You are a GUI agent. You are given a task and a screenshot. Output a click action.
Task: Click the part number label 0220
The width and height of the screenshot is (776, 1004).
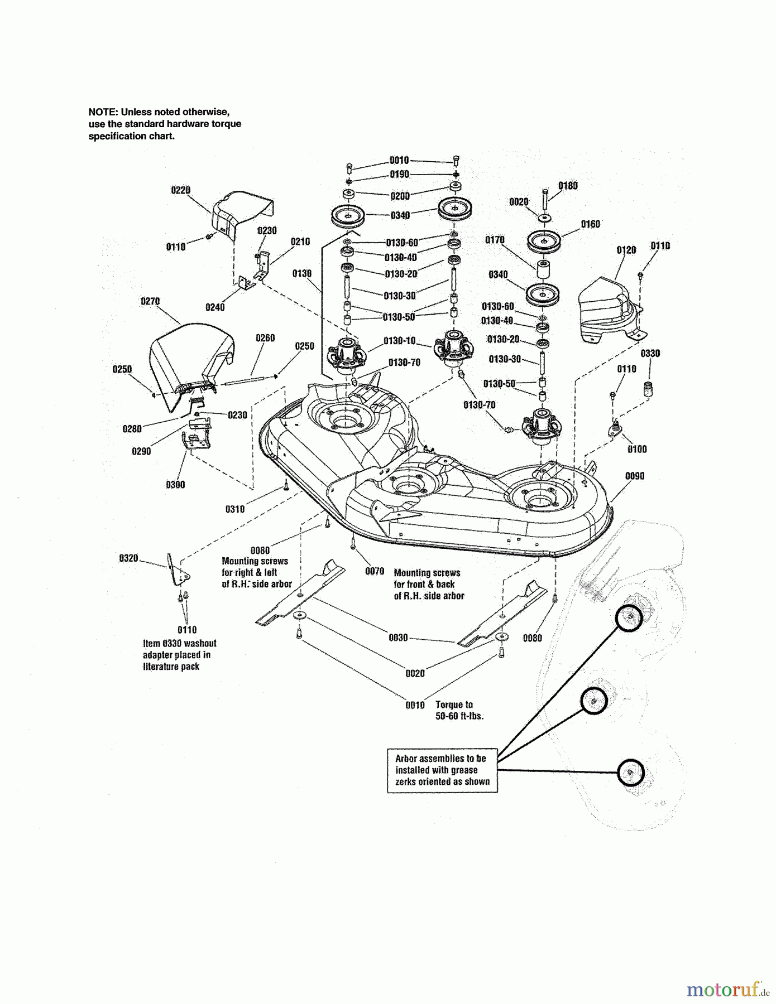180,190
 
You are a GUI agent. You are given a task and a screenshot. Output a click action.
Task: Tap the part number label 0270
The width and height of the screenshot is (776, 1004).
150,301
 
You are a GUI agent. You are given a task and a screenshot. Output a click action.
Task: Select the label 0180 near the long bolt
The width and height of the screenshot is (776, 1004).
568,186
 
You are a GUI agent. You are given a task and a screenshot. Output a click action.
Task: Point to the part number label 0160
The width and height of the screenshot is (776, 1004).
590,224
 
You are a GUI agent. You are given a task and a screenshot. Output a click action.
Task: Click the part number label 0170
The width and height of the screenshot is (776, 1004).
495,240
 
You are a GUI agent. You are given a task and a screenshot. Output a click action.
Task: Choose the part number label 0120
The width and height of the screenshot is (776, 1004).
626,250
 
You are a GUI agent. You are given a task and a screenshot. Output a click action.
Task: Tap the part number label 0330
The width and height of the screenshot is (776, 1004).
650,354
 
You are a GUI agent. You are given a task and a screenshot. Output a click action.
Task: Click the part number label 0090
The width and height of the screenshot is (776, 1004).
635,476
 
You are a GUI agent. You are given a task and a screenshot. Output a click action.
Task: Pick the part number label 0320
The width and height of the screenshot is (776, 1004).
128,558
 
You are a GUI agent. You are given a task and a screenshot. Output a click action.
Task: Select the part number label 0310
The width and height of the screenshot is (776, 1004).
235,509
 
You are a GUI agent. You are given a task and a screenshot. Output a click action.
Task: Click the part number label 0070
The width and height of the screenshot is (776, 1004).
375,571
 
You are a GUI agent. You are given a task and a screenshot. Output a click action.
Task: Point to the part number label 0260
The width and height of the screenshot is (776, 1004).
265,338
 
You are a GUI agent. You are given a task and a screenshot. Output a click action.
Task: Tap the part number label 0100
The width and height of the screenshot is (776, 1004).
637,449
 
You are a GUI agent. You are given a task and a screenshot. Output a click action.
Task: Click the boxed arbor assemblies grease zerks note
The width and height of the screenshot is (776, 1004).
442,770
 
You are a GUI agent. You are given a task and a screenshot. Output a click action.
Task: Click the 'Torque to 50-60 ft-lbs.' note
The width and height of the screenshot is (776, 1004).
459,710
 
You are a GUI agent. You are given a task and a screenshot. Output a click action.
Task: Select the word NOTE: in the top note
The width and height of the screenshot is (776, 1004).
103,112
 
